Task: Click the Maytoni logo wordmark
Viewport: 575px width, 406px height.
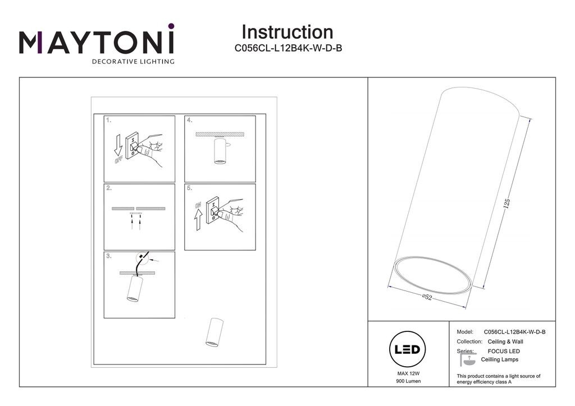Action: (x=97, y=43)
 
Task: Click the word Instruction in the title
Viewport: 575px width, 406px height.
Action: (x=287, y=32)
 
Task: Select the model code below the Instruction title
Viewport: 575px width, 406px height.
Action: (x=288, y=48)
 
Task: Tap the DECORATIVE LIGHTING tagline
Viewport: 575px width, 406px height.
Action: (x=133, y=61)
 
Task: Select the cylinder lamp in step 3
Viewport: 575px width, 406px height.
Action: (x=134, y=289)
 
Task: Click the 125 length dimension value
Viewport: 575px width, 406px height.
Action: (x=506, y=204)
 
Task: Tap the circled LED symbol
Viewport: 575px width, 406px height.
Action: (x=407, y=349)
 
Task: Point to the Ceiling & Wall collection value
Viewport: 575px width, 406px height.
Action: (x=505, y=342)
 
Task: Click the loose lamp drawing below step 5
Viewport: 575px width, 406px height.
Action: (x=213, y=332)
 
